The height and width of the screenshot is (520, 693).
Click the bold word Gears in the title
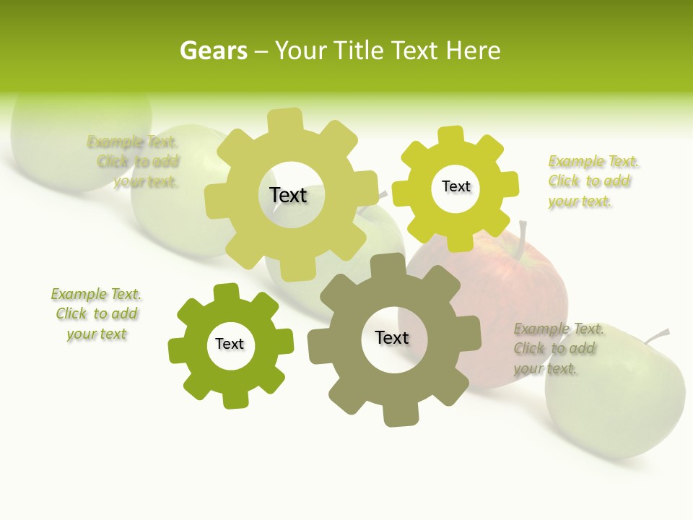[213, 51]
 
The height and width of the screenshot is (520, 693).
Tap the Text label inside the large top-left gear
[288, 195]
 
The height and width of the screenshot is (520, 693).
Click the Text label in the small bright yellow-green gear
[456, 186]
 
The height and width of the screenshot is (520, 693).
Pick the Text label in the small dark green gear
[230, 344]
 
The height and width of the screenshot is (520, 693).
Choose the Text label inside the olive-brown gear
[392, 337]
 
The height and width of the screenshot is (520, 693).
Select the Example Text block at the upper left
[134, 162]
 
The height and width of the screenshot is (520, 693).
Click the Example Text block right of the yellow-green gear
[593, 181]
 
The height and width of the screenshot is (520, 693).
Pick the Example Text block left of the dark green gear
[96, 314]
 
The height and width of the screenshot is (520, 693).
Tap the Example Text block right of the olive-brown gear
[558, 349]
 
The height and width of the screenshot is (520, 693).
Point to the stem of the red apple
[522, 235]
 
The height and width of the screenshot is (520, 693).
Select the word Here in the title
[474, 51]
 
